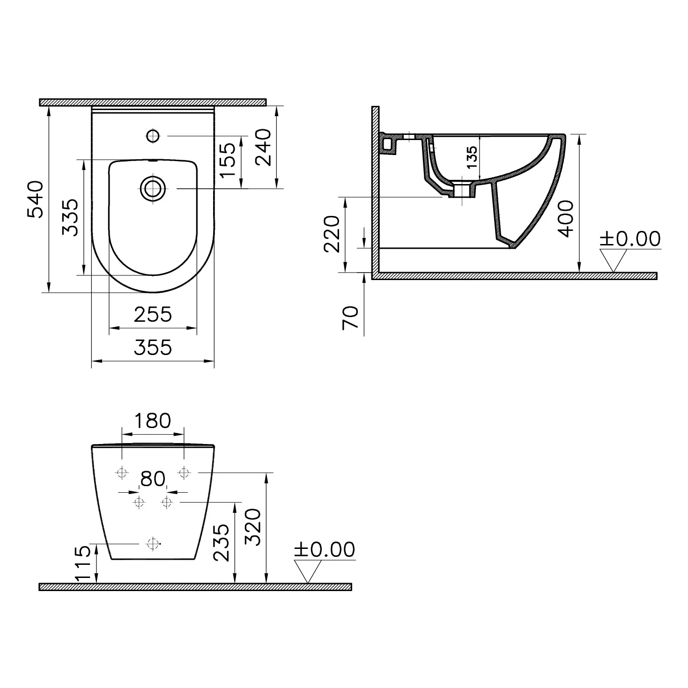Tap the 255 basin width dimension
[x=153, y=314]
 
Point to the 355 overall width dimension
[x=153, y=348]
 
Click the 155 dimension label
[x=228, y=160]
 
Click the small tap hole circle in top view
[x=153, y=136]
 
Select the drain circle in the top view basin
[x=153, y=189]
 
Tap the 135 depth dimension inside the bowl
[x=472, y=157]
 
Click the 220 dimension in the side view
[x=332, y=234]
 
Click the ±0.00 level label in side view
[x=630, y=239]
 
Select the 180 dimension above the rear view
[x=153, y=421]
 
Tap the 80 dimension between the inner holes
[x=153, y=479]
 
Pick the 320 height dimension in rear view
[x=253, y=527]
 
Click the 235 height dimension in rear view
[x=222, y=542]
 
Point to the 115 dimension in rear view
[x=83, y=563]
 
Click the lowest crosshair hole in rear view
[x=153, y=544]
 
